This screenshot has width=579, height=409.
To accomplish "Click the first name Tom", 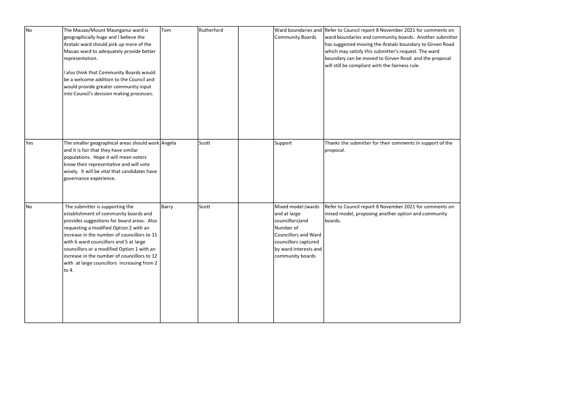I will tap(166, 30).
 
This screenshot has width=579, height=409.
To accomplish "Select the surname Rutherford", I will tap(210, 30).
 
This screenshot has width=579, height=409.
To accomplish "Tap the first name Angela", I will tap(168, 143).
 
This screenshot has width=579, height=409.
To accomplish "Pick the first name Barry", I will tap(167, 207).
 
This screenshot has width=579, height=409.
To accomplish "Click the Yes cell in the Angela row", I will tap(29, 143).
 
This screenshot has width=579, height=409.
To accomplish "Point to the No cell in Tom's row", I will tap(29, 30).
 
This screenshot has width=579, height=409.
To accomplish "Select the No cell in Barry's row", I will tap(29, 207).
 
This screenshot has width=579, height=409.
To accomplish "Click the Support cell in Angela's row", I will tap(283, 143).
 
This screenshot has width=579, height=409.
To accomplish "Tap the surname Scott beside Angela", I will tap(204, 143).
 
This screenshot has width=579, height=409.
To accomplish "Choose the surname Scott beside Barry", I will tap(204, 207).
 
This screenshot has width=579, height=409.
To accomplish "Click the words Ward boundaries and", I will tap(298, 30).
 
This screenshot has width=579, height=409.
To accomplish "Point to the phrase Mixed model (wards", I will tap(297, 207).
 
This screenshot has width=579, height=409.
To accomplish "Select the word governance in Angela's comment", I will tap(76, 178).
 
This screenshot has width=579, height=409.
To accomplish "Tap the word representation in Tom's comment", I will tap(80, 58).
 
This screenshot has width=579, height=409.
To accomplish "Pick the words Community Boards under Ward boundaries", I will tap(295, 37).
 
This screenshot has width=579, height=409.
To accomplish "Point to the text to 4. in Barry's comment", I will tap(69, 270).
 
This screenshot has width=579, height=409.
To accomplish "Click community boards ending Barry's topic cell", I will tap(295, 256).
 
